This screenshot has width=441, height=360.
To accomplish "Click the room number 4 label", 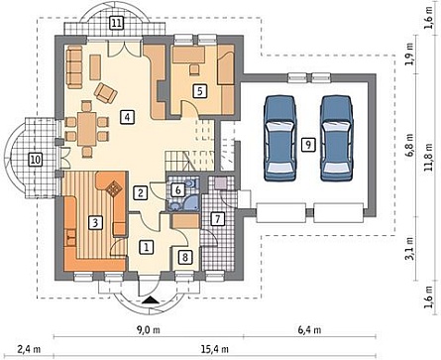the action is tap(128, 117).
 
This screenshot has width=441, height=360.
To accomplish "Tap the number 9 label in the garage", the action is tap(308, 145).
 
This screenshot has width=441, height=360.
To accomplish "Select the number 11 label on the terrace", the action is tap(116, 24).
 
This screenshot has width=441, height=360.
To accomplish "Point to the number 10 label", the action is tap(35, 160).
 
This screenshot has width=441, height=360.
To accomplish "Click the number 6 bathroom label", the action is tap(178, 190).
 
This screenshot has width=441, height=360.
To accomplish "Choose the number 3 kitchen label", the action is tap(95, 222).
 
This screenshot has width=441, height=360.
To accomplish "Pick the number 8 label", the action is tap(185, 257).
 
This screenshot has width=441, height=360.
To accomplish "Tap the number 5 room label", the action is tap(199, 91).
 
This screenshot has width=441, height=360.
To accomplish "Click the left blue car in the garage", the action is tap(279, 138).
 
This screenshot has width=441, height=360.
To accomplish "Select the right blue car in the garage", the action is tap(337, 138).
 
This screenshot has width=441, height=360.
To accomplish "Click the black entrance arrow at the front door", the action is tap(151, 300).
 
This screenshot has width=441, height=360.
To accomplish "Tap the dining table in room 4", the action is tap(87, 129).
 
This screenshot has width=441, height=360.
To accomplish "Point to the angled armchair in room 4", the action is tap(106, 92).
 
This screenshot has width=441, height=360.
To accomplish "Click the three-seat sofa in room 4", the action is tap(74, 67).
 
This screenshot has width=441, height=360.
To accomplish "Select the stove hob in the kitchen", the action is tap(115, 188).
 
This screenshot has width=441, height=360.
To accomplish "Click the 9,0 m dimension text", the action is tap(149, 329).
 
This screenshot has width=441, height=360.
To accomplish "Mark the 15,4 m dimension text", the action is tap(215, 349).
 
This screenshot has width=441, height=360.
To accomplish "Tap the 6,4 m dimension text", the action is tap(309, 329).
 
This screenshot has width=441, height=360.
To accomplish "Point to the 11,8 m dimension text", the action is tap(429, 157).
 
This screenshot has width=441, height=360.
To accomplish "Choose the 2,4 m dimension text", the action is tap(29, 349).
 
